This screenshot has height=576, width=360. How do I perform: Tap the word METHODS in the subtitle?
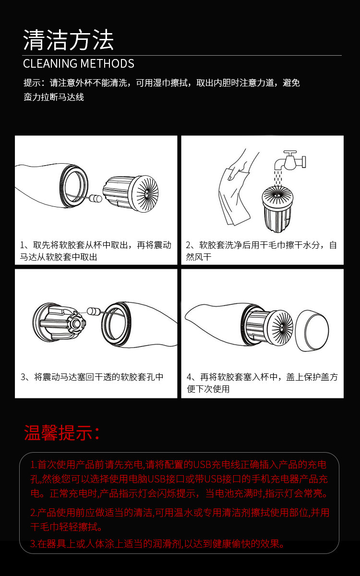(x=108, y=63)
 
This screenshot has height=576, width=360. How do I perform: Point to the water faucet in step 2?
(x=290, y=161)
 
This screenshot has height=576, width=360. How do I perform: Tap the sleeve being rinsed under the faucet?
(x=277, y=208)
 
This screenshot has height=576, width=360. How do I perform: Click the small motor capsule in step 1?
(x=96, y=198)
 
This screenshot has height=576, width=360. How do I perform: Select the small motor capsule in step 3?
(x=94, y=312)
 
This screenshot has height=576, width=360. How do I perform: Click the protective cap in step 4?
(x=312, y=330)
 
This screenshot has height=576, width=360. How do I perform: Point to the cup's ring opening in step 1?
(x=74, y=186)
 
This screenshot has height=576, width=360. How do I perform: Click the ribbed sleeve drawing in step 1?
(x=131, y=193)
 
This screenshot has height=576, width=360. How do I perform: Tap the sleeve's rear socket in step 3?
(x=76, y=323)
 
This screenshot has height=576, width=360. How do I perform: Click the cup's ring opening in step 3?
(x=116, y=324)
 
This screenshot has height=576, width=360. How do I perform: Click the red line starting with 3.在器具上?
(x=157, y=543)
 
